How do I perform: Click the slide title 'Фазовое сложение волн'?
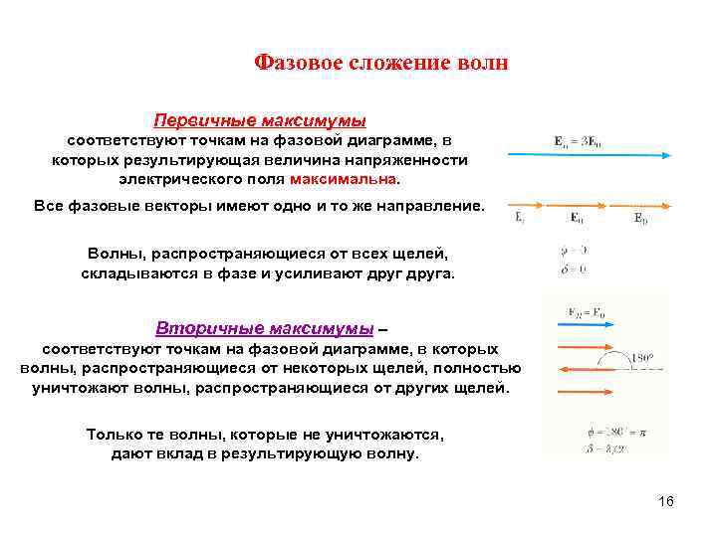(381, 64)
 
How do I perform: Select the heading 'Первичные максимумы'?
(260, 120)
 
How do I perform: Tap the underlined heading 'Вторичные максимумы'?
(265, 328)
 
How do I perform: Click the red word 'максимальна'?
(344, 180)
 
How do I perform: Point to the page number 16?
(666, 501)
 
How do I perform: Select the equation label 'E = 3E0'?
(578, 140)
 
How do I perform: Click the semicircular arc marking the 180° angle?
(619, 358)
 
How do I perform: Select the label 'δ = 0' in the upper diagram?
(574, 268)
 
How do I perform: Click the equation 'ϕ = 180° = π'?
(592, 434)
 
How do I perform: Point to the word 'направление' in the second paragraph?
(432, 207)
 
